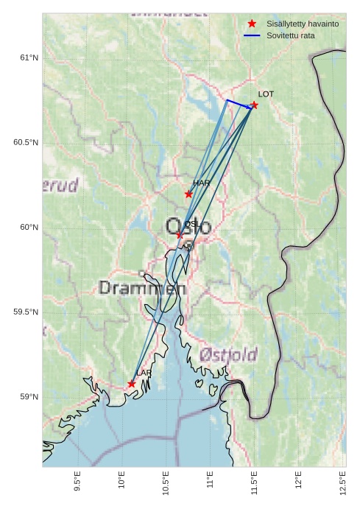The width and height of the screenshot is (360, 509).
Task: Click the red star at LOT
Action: point(254,105)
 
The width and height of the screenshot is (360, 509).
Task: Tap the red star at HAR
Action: point(188,194)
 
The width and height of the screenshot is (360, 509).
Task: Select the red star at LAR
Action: point(131,384)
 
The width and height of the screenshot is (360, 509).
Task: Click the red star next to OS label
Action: point(179,235)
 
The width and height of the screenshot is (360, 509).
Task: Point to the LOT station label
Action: point(266,94)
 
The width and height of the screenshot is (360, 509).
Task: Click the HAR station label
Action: point(201,183)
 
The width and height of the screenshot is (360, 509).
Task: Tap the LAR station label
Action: point(144,373)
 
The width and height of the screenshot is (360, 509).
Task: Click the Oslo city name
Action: point(188,226)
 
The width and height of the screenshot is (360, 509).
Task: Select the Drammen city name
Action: point(142,289)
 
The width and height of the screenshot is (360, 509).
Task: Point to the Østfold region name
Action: point(227,355)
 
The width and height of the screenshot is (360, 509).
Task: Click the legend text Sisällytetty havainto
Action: point(303,24)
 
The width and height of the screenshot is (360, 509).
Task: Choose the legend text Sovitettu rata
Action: point(291,35)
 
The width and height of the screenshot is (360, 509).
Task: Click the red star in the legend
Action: point(252,24)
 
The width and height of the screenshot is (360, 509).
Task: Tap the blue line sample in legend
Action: point(252,35)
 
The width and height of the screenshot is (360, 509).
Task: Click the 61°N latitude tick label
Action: point(29,57)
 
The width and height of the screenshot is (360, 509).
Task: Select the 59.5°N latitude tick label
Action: point(26,312)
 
